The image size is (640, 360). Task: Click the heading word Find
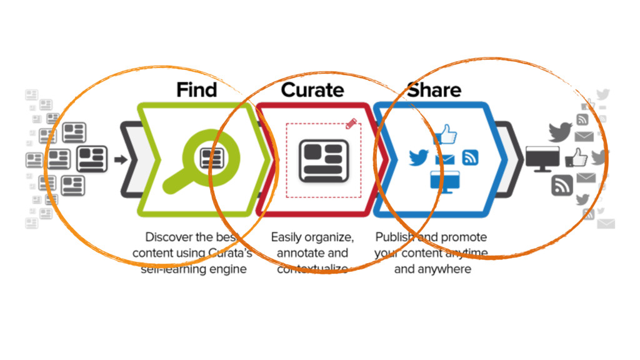tap(196, 89)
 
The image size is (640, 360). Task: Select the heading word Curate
tap(312, 89)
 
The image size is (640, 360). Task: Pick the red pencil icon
tap(352, 123)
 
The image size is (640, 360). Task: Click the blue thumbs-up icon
tap(446, 134)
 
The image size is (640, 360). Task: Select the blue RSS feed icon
tap(470, 157)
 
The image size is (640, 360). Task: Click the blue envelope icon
tap(444, 160)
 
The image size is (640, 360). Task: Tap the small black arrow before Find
tap(121, 160)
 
